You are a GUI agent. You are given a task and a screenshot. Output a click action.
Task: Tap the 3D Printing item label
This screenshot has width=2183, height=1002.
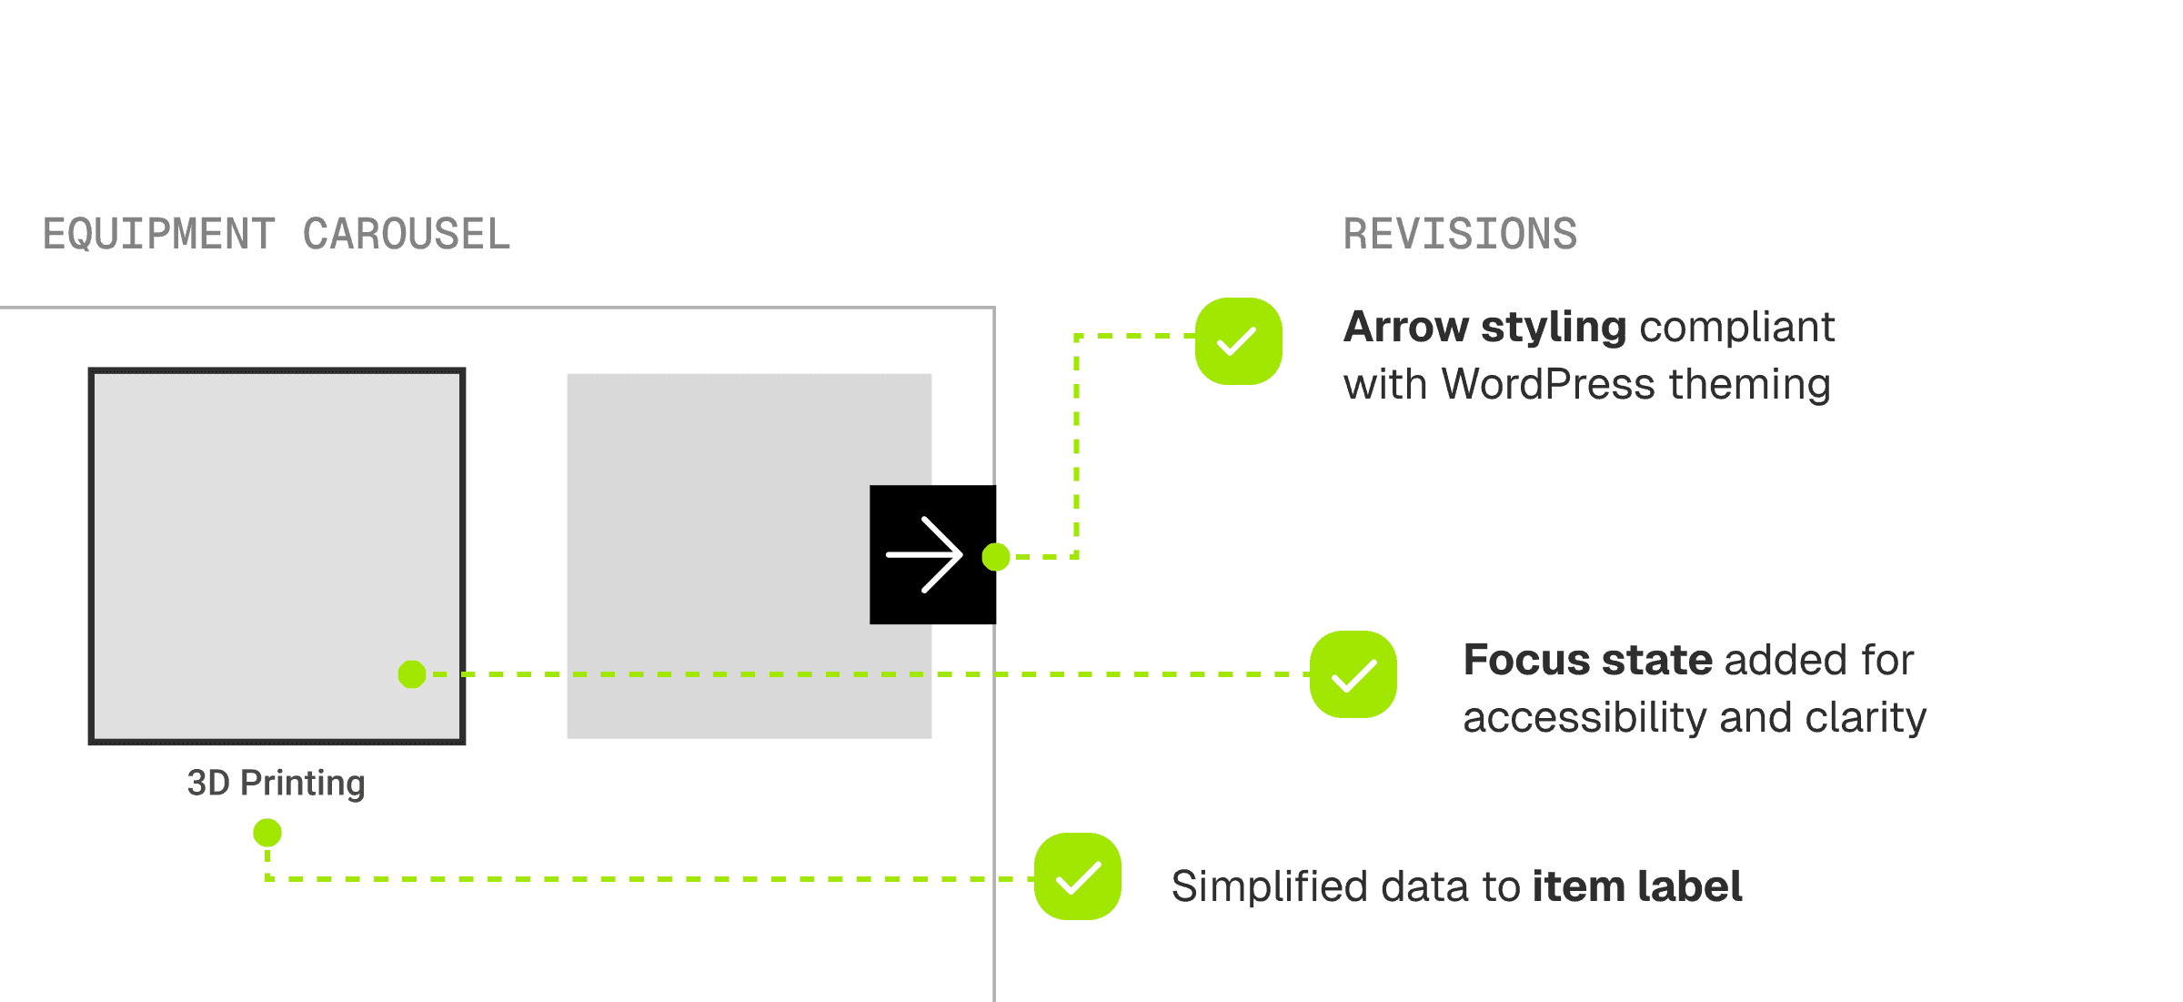276,783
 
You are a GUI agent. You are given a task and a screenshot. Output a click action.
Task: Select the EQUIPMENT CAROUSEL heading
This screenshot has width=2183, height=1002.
277,234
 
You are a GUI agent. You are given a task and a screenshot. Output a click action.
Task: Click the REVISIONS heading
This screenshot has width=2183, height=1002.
1460,234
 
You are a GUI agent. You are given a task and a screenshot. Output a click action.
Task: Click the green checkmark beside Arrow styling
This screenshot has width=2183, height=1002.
1238,341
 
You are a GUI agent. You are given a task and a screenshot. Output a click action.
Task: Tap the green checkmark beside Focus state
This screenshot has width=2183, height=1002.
1353,674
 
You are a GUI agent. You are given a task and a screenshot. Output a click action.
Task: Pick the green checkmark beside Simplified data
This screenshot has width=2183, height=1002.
1077,876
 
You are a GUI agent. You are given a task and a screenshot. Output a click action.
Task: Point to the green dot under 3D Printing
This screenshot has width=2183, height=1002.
267,832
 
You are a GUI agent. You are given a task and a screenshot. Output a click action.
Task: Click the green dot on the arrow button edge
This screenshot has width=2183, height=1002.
996,556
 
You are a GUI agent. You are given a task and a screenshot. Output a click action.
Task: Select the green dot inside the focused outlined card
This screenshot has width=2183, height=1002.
412,674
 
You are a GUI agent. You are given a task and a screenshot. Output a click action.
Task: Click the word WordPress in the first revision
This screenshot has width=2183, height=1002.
1548,384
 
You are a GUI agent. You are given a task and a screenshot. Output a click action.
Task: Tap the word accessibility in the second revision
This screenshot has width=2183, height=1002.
1584,717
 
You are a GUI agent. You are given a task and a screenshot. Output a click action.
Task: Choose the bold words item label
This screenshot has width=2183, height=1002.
1637,886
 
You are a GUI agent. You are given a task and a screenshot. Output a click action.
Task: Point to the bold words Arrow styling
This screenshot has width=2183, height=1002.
1484,327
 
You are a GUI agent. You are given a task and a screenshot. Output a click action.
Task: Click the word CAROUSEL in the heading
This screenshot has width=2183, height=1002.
406,234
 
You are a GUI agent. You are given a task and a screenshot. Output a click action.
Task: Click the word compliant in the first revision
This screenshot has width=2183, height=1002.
1737,327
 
